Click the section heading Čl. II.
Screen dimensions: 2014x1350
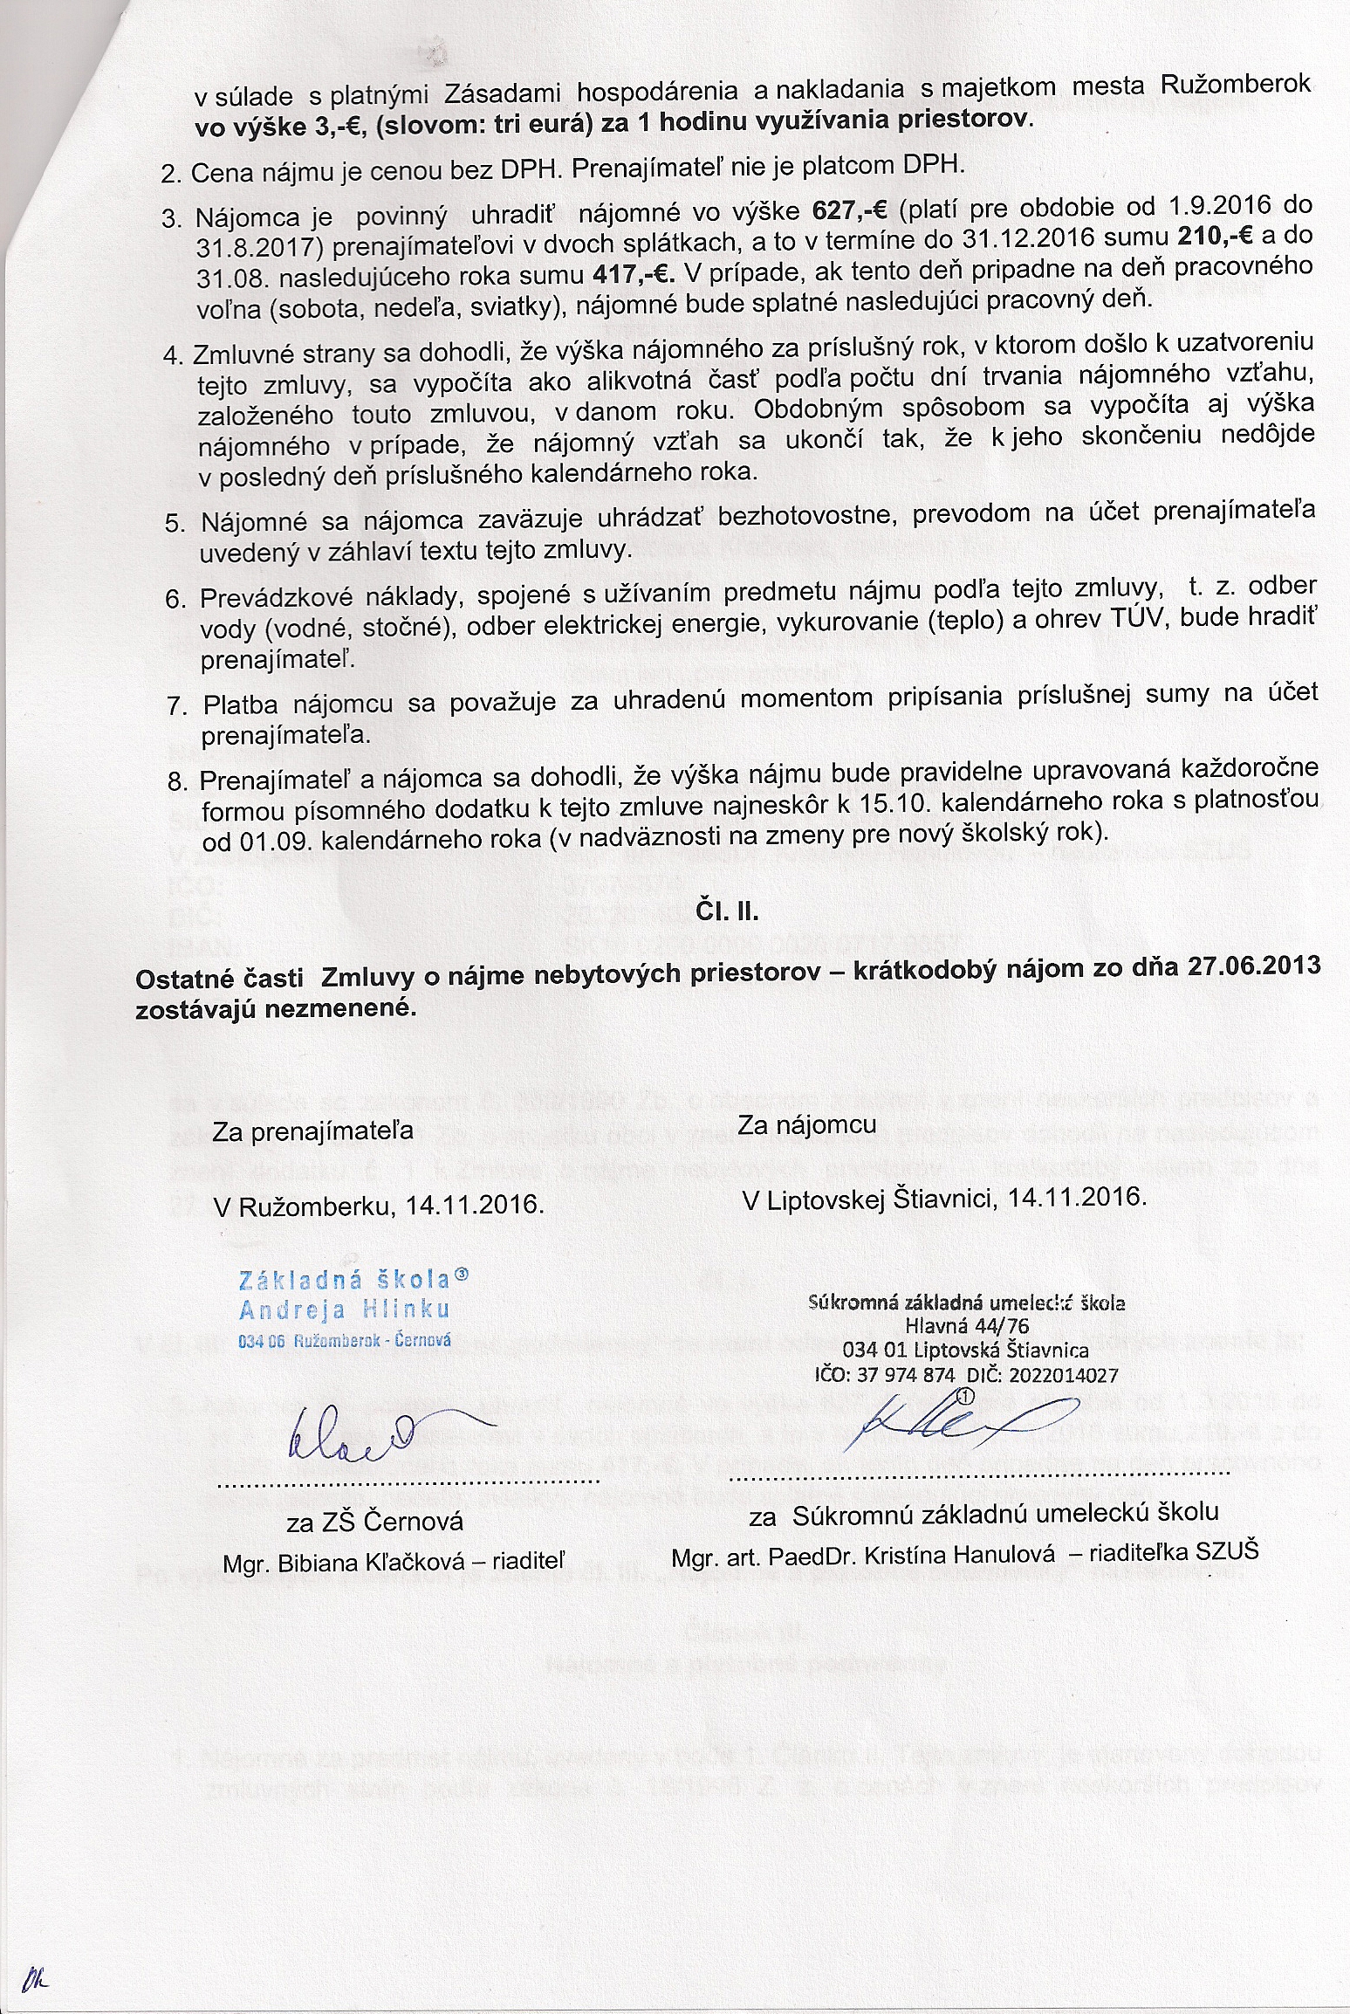727,912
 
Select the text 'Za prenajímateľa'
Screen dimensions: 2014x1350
312,1131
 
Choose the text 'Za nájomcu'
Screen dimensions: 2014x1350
806,1124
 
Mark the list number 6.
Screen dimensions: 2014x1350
175,599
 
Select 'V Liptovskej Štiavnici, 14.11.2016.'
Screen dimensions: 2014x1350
943,1198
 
